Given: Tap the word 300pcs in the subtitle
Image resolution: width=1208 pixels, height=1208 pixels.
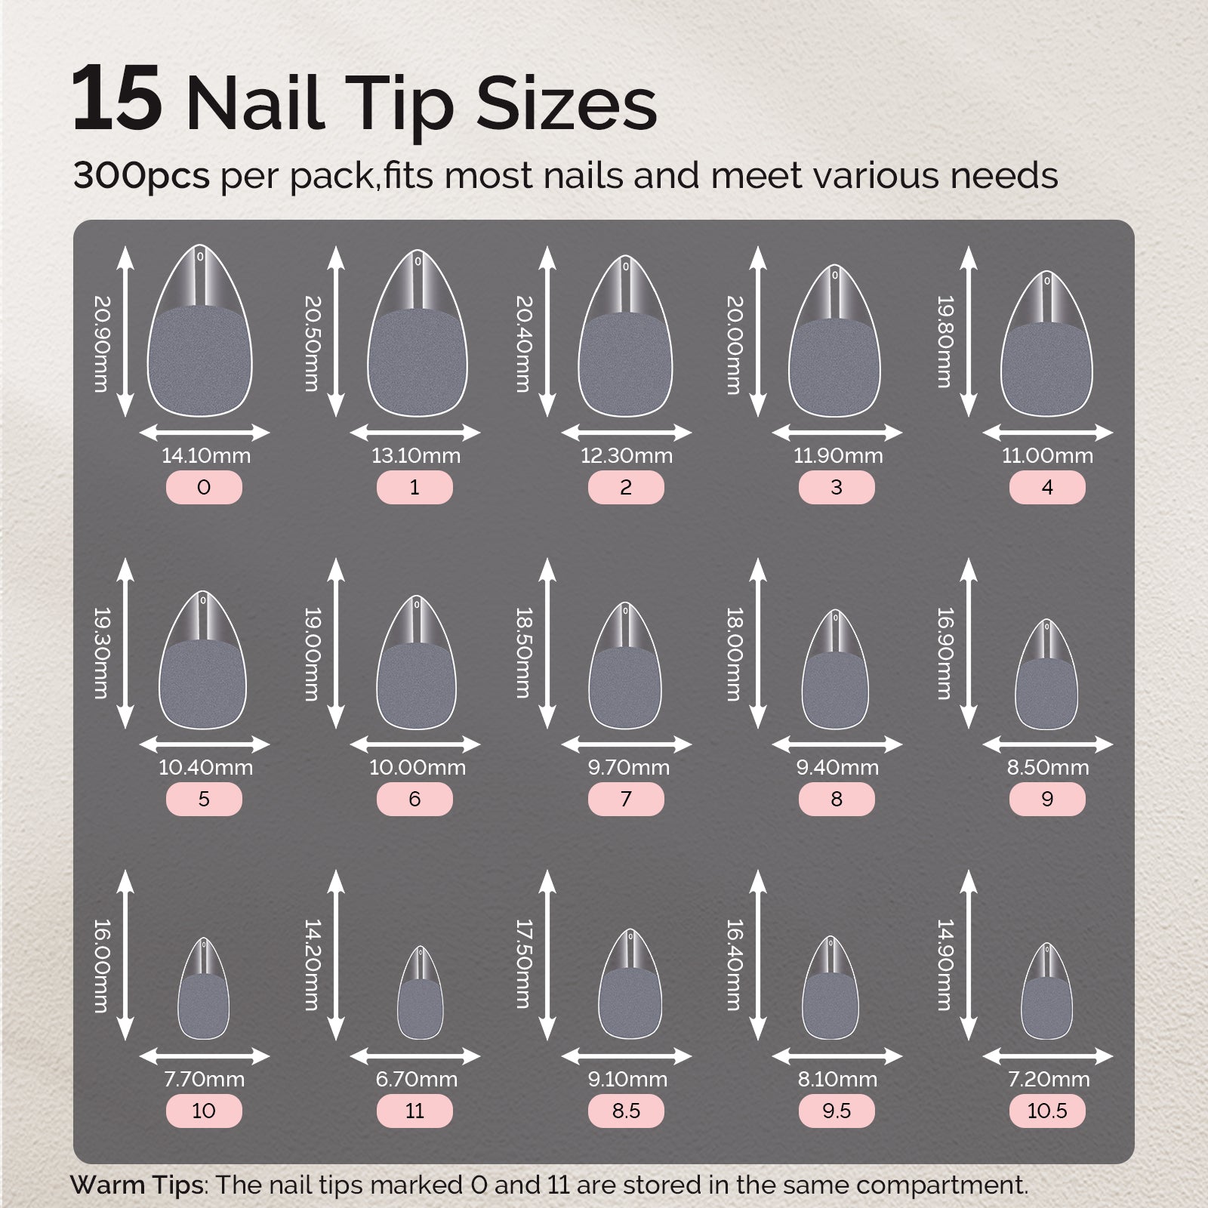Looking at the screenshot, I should tap(141, 176).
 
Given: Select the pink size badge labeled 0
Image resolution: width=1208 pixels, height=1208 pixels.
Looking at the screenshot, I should tap(204, 488).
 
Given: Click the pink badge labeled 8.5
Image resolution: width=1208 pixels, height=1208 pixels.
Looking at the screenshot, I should tap(626, 1111).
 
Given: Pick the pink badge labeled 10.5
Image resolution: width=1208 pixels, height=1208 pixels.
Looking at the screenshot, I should tap(1047, 1111).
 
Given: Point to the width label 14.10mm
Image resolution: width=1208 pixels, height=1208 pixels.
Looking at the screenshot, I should tap(205, 456).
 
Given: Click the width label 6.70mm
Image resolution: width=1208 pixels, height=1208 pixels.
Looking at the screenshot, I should tap(416, 1080).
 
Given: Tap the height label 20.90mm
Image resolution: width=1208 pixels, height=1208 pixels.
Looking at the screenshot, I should tap(101, 344).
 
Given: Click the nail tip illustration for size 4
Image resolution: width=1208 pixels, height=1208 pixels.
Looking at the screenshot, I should tap(1047, 347).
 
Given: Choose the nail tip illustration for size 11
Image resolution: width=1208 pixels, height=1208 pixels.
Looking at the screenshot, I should tap(421, 995).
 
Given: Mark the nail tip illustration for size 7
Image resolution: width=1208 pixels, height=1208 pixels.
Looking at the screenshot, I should tap(626, 668).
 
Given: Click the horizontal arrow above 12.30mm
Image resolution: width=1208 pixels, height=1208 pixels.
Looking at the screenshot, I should tap(626, 433).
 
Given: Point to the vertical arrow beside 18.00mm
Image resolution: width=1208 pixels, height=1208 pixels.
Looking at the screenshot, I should tap(758, 644).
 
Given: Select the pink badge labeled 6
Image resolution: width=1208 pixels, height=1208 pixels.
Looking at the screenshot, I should tap(414, 800).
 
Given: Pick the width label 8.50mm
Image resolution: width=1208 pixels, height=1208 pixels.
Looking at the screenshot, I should tap(1047, 768).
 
